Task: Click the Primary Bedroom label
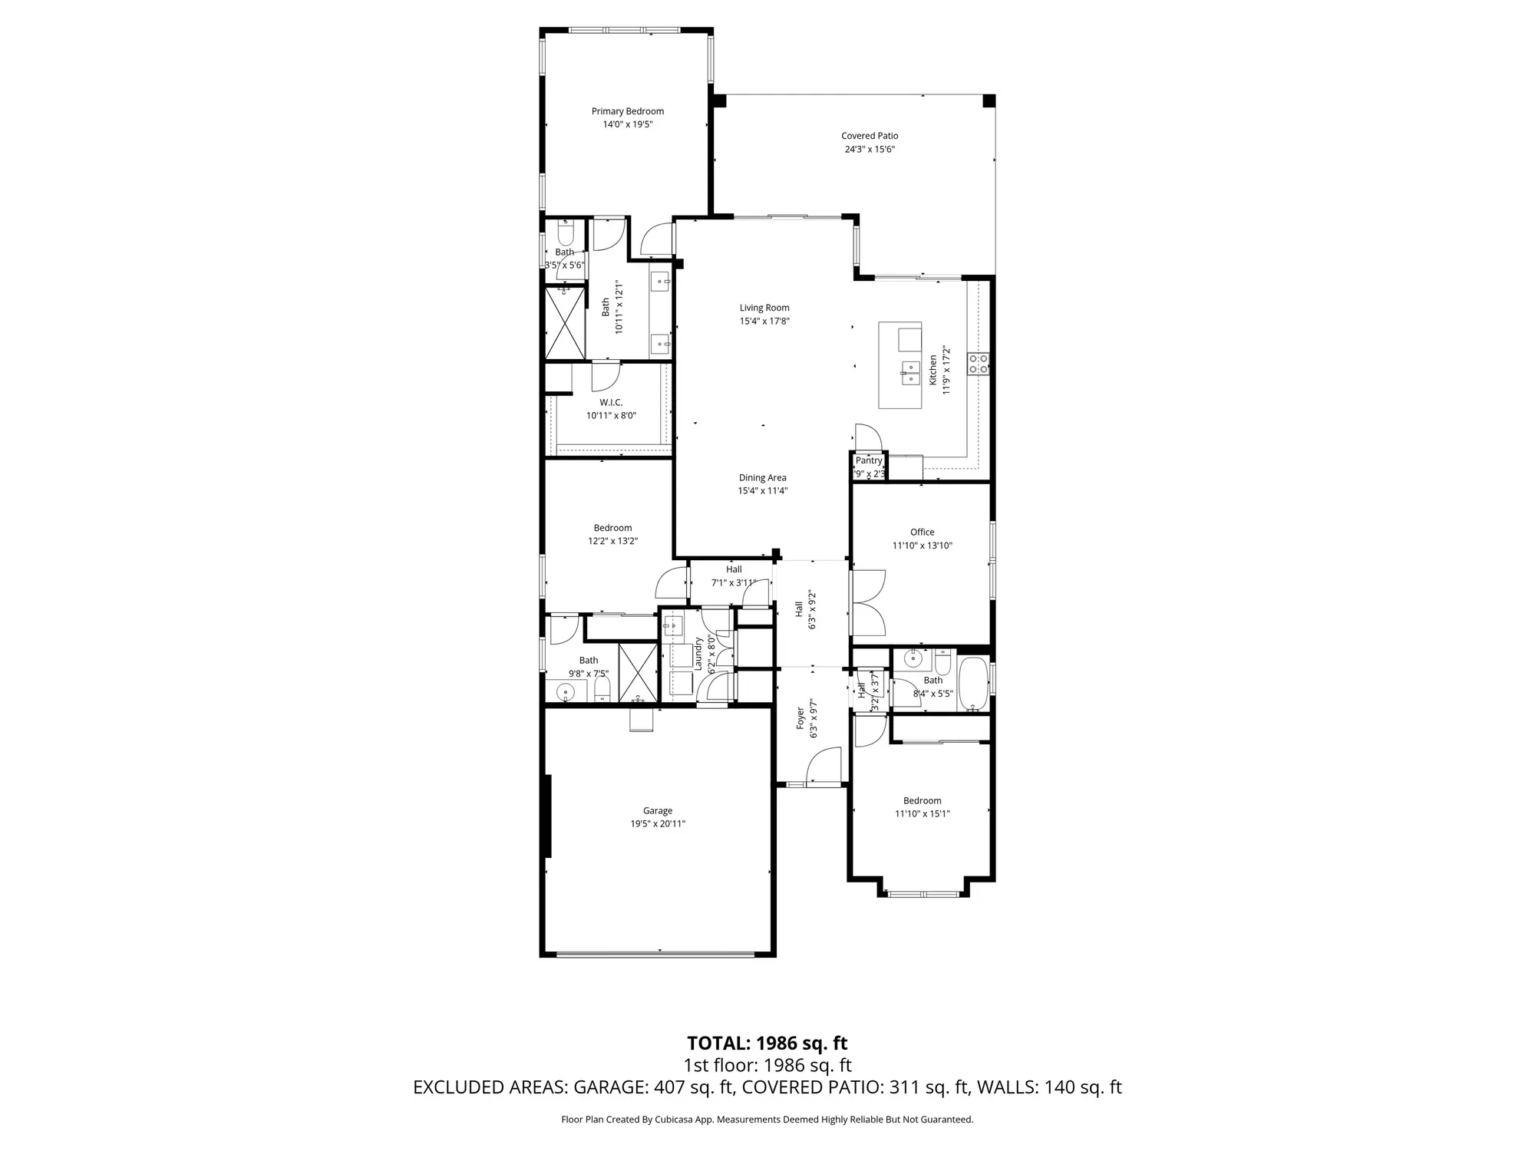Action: [627, 111]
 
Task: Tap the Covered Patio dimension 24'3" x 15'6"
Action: [869, 150]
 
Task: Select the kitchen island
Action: [900, 365]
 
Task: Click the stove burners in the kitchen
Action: [978, 364]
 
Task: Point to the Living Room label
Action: [764, 308]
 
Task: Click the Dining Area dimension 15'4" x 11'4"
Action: [762, 491]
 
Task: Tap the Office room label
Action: [922, 532]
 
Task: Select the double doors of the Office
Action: [867, 602]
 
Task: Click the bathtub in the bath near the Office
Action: [972, 683]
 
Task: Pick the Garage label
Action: [657, 810]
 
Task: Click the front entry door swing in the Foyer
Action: [824, 766]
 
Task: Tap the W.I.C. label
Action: [611, 402]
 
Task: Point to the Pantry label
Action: [869, 460]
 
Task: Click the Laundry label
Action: [698, 655]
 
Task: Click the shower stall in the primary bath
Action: [565, 322]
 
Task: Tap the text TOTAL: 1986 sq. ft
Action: [766, 1044]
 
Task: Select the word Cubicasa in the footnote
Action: [674, 1120]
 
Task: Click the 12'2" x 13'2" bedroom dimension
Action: [612, 541]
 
